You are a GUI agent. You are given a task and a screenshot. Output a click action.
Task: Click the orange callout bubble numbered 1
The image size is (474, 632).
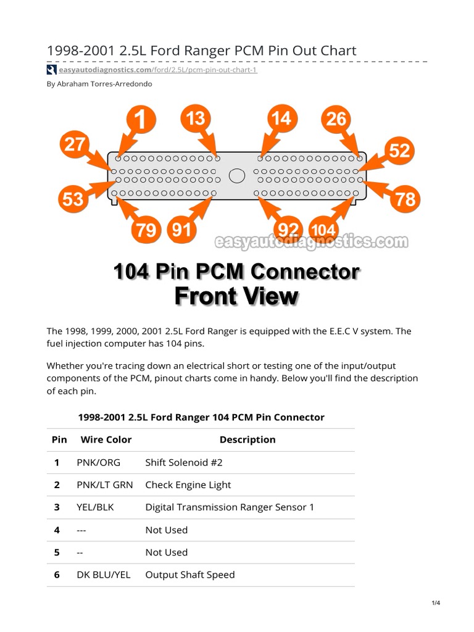click(x=141, y=120)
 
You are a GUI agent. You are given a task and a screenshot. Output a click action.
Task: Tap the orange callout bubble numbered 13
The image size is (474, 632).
click(x=196, y=118)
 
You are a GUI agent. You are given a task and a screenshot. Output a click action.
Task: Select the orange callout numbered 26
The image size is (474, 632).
click(x=337, y=119)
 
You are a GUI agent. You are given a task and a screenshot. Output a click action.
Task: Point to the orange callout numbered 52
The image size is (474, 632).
click(x=399, y=151)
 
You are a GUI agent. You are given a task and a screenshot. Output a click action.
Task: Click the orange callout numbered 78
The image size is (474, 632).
click(x=405, y=199)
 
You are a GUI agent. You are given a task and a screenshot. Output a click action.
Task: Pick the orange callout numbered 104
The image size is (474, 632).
click(x=323, y=231)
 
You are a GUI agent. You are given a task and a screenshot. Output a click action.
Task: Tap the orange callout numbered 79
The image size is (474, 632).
click(x=146, y=230)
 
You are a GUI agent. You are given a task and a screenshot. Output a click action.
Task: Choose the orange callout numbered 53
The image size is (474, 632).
click(x=73, y=199)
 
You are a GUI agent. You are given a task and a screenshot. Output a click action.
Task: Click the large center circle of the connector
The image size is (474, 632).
click(x=236, y=176)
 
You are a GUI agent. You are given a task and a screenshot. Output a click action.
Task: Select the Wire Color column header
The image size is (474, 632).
click(x=106, y=439)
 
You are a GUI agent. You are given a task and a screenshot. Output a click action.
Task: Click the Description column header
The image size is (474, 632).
click(x=247, y=439)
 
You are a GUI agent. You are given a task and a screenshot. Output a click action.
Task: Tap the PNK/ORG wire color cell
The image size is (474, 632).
click(x=98, y=462)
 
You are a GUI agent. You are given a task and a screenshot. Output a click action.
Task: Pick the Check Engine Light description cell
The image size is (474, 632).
click(x=188, y=484)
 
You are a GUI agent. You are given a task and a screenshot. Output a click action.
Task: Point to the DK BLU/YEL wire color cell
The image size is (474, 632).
click(x=104, y=575)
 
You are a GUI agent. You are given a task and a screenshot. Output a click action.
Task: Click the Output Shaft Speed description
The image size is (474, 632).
click(x=190, y=575)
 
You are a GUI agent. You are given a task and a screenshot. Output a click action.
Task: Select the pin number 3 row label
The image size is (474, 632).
click(x=57, y=507)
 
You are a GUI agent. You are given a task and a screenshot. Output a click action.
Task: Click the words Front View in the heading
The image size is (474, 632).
click(x=236, y=296)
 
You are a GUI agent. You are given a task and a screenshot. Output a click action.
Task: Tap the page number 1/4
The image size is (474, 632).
click(x=436, y=603)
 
